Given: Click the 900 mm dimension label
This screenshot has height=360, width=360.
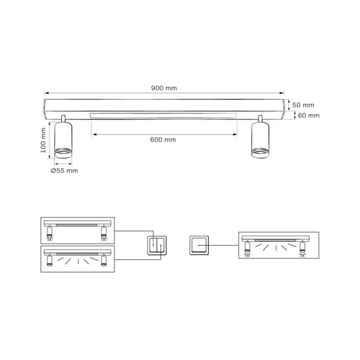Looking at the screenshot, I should click(164, 88).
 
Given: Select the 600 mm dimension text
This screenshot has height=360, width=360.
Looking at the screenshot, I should click(163, 140).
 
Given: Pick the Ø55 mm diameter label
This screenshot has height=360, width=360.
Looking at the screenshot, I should click(64, 170).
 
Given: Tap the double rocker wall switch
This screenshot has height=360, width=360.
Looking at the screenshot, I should click(158, 245).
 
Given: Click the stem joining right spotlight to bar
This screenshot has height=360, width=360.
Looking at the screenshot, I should click(260, 118).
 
